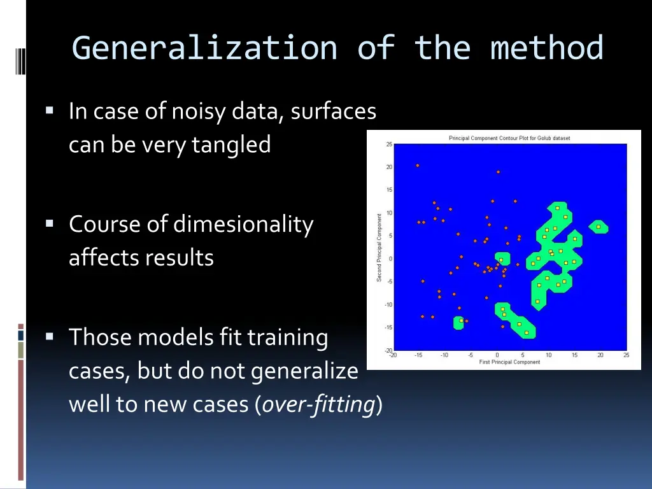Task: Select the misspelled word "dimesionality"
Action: pos(243,224)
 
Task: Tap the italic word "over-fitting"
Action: pos(318,404)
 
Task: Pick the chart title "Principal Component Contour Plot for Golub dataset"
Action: pos(509,138)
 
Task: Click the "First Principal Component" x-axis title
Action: pos(509,362)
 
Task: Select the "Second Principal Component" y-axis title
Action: pos(379,247)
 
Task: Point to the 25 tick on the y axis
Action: pos(388,144)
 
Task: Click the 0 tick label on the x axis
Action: pos(497,355)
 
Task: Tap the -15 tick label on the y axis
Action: pos(388,327)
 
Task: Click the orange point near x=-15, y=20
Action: pos(418,166)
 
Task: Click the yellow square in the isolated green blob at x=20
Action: pos(598,226)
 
